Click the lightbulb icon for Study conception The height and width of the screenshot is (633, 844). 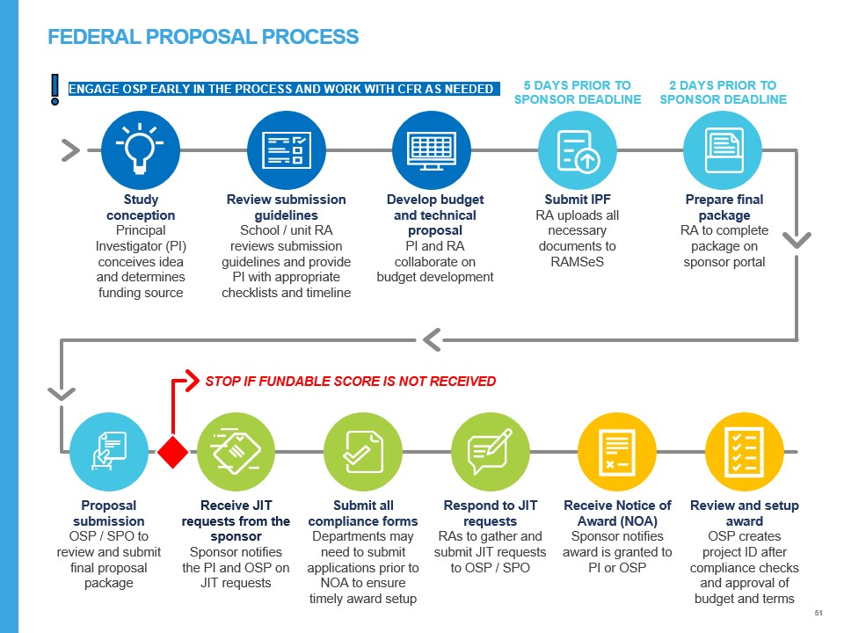(141, 149)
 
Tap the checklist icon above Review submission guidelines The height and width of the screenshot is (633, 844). (287, 149)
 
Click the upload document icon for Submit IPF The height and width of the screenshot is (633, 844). (578, 149)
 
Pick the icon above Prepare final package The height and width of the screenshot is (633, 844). (723, 149)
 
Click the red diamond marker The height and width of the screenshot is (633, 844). (173, 452)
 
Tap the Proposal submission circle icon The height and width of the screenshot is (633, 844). (109, 452)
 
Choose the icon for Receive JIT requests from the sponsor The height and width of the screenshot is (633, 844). (236, 452)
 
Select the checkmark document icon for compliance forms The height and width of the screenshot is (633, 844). (362, 452)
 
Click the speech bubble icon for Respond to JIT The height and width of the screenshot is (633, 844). (490, 452)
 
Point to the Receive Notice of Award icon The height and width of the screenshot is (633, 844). (616, 452)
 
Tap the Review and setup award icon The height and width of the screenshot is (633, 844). (744, 452)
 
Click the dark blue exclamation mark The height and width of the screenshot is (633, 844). (55, 89)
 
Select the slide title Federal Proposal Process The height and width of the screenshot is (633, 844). (203, 37)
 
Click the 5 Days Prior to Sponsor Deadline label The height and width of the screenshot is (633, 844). (578, 92)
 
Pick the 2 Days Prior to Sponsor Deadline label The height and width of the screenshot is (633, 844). (723, 92)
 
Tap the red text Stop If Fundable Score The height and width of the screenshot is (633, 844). (350, 382)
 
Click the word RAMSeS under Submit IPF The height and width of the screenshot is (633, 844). (577, 262)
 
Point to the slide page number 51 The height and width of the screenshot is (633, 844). (819, 612)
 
